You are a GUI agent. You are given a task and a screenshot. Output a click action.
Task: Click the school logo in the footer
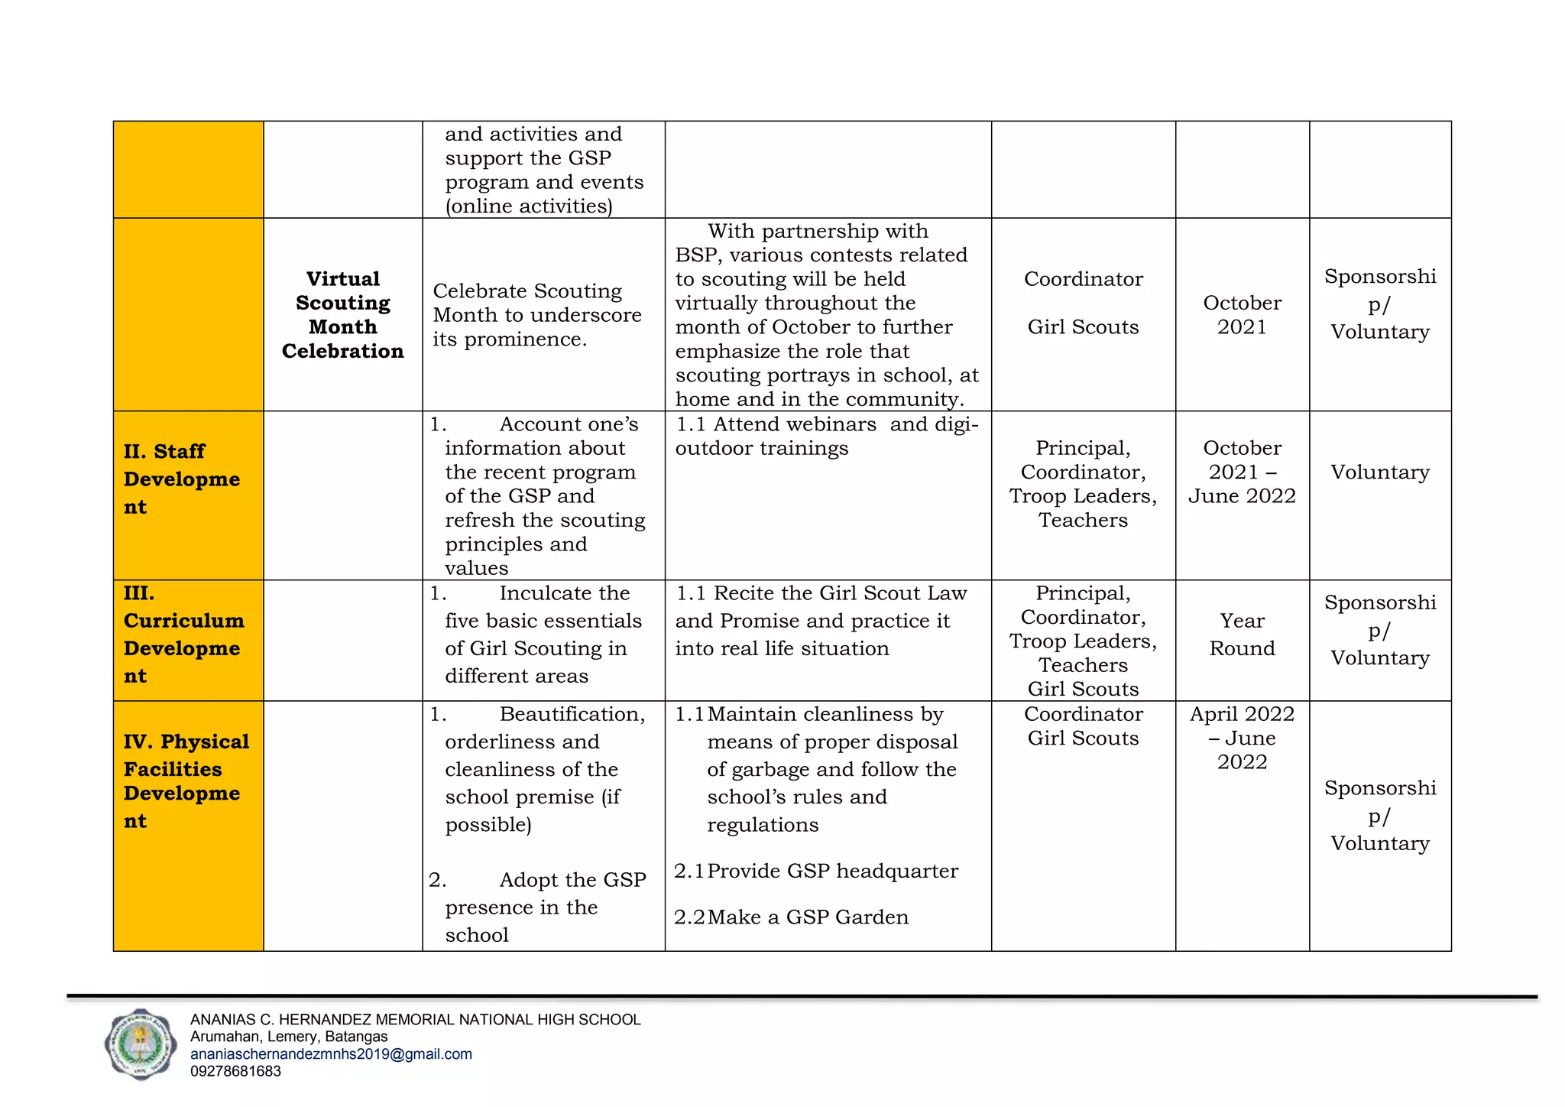pos(140,1044)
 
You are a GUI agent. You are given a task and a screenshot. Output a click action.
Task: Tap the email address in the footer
pos(331,1054)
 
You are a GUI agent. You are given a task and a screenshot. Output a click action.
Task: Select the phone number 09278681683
pos(235,1071)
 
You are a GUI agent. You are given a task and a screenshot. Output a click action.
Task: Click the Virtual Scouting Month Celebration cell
pos(342,315)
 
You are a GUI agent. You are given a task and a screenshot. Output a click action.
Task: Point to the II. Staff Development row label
pos(182,479)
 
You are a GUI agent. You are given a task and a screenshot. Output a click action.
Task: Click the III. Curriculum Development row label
pos(183,635)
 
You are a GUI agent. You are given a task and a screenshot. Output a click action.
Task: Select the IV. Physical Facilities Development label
pos(186,781)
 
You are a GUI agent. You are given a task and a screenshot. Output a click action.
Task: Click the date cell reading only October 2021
pos(1242,315)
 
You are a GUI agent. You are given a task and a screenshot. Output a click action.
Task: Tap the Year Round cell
pos(1242,635)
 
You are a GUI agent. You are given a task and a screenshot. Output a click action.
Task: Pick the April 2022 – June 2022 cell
pos(1242,738)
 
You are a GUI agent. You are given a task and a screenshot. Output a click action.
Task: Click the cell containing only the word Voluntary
pos(1379,472)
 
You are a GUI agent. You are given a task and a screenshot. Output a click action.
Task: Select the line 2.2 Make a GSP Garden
pos(792,917)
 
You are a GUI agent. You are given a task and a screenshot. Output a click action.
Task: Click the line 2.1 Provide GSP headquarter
pos(816,872)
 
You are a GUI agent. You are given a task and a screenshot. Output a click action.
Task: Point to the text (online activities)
pos(529,206)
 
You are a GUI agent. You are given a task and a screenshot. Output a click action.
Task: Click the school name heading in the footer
pos(415,1020)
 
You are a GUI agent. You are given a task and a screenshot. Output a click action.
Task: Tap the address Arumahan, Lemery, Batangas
pos(289,1037)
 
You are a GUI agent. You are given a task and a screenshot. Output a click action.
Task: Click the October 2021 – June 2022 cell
pos(1242,472)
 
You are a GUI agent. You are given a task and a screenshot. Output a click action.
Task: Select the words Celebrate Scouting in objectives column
pos(527,291)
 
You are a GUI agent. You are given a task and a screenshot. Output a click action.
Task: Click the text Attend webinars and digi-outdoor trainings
pos(826,436)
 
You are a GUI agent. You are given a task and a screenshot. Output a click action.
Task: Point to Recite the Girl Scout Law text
pos(821,593)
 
